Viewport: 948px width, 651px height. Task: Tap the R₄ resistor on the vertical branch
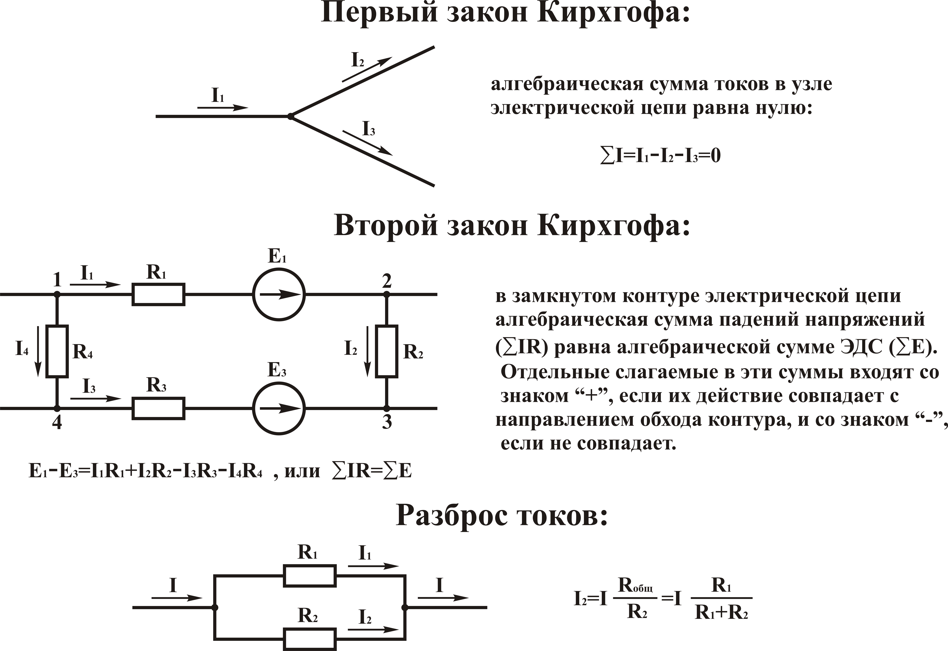tap(57, 351)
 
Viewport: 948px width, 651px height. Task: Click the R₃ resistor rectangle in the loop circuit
tap(158, 408)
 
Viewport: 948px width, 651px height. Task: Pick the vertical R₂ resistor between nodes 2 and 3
tap(386, 351)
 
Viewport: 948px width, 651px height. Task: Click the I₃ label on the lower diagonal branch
tap(369, 129)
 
